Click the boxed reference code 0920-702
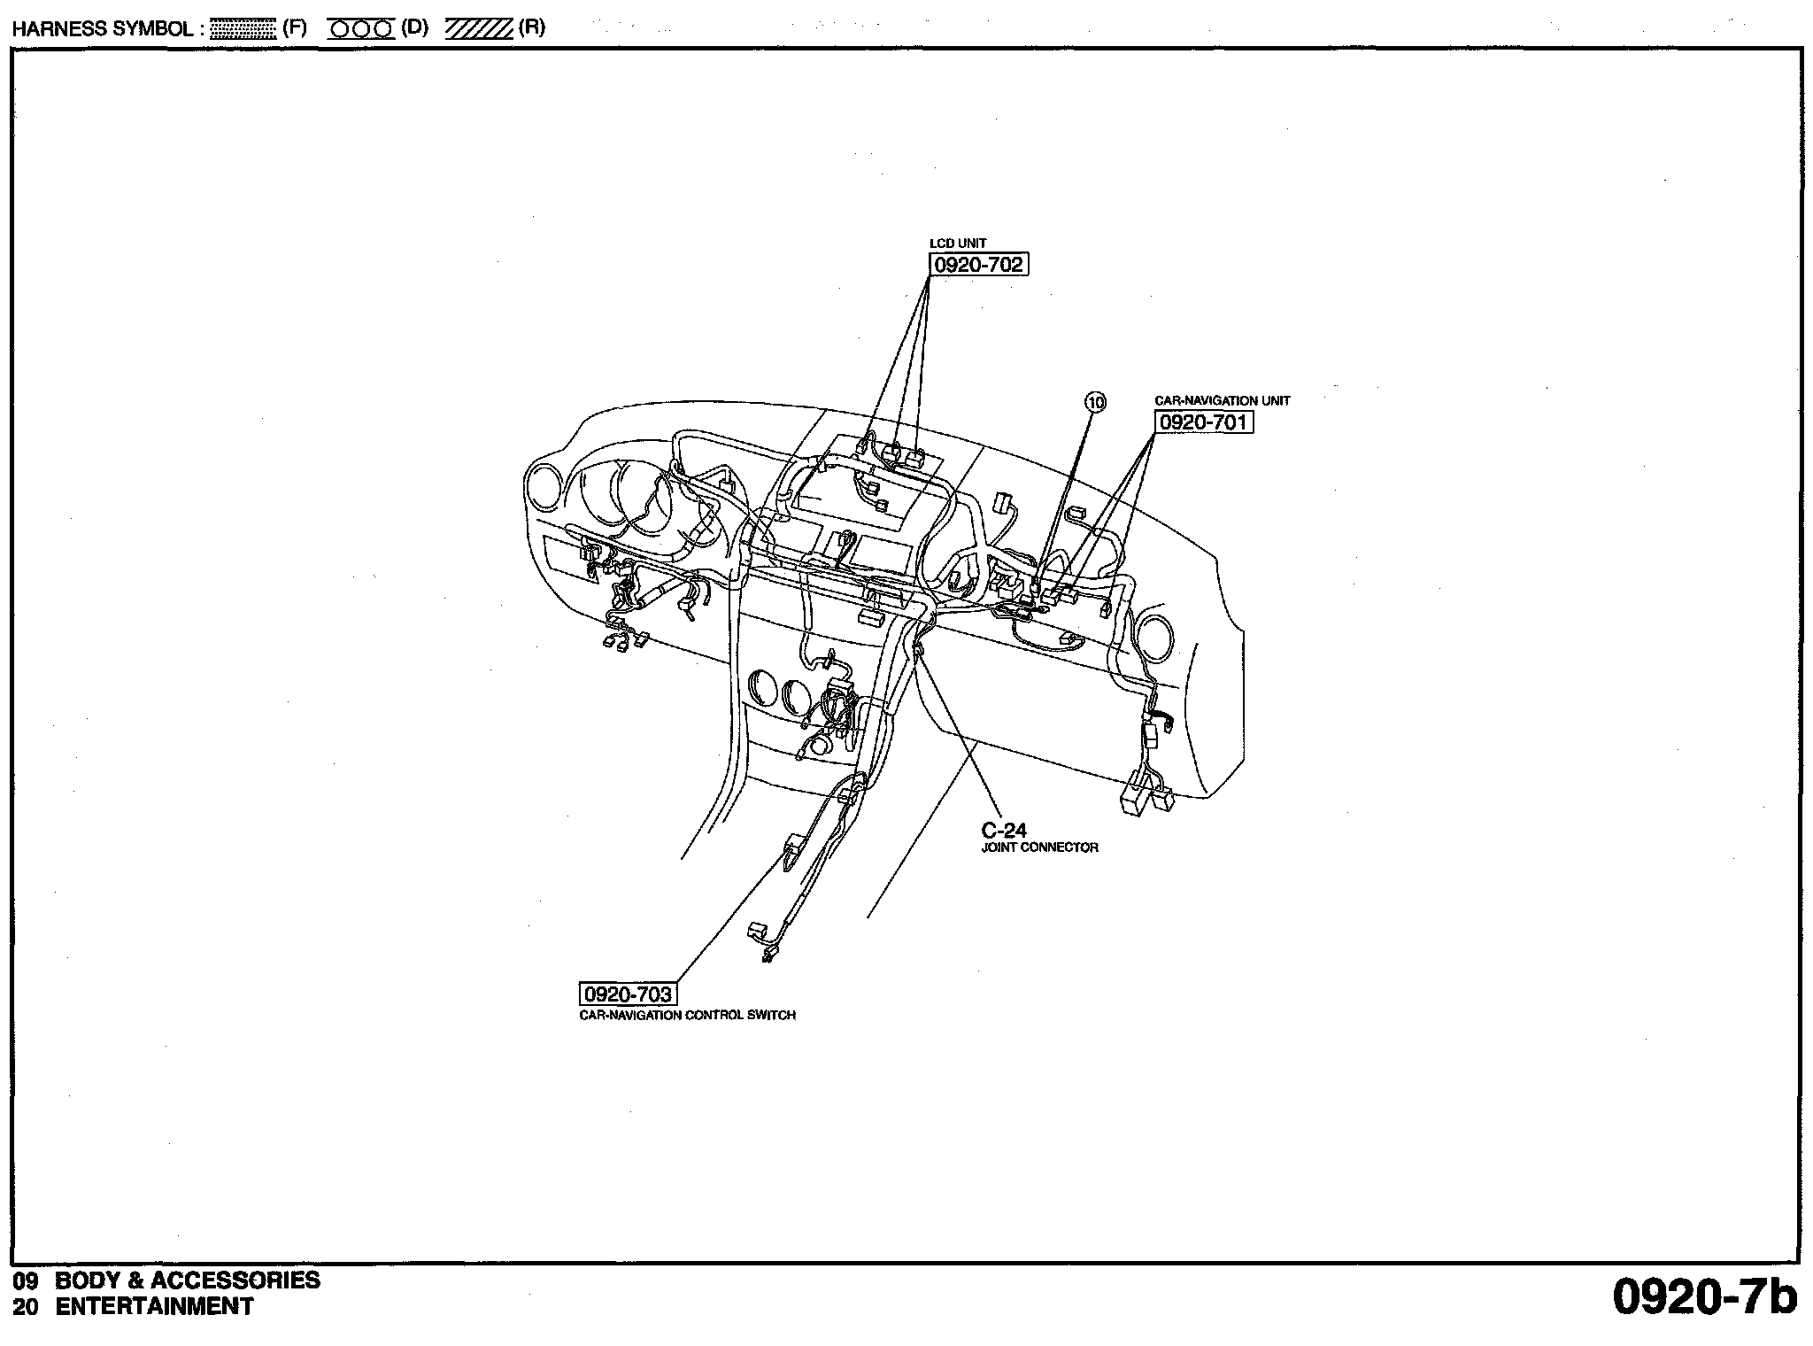978,264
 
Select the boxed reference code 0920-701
1203,422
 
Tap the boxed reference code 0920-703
628,994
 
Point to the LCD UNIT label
957,243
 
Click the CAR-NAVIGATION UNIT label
1222,400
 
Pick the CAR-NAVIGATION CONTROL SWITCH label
687,1015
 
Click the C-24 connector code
1004,830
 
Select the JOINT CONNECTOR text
1039,847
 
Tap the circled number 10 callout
1096,402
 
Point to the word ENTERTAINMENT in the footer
155,1306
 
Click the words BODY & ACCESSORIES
188,1280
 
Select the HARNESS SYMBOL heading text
104,29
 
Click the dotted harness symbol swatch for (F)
244,29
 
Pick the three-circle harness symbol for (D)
361,29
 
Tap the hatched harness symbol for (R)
479,29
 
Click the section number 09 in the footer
26,1280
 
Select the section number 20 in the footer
26,1307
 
